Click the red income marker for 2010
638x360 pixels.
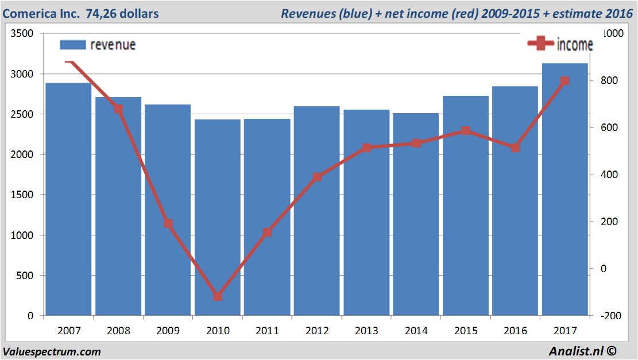(218, 296)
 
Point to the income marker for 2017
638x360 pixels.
(564, 81)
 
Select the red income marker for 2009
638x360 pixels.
(168, 223)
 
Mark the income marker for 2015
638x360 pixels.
(466, 131)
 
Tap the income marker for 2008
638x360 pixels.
(118, 109)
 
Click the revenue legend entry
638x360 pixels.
(98, 45)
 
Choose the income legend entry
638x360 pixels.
(560, 44)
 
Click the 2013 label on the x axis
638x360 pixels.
(366, 331)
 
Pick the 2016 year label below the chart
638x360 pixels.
(515, 331)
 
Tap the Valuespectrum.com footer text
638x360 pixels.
(52, 351)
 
